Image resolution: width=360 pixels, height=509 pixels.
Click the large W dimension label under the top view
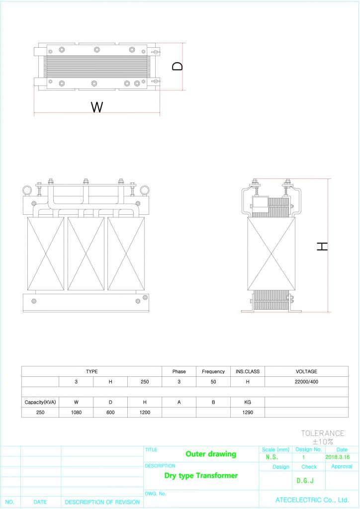97,106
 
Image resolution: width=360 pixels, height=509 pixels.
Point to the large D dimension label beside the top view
178,66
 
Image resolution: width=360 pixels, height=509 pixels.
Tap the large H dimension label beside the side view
323,246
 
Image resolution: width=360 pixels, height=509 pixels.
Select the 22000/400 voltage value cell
306,382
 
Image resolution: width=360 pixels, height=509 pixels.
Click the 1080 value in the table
76,412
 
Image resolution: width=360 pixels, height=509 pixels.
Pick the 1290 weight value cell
247,412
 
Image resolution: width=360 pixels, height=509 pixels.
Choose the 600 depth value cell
110,412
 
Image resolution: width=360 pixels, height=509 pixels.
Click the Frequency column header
213,371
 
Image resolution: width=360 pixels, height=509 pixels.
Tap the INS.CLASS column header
247,371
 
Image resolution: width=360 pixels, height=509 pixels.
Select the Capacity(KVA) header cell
40,402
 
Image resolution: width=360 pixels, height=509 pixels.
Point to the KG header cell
247,402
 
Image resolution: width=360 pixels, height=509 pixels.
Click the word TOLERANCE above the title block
322,433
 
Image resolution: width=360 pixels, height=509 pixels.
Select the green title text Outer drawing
211,454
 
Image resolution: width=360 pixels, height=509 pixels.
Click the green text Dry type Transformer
201,476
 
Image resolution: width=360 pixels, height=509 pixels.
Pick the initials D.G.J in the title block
305,481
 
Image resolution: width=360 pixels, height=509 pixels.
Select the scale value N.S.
272,457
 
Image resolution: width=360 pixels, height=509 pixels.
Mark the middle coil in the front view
86,254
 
